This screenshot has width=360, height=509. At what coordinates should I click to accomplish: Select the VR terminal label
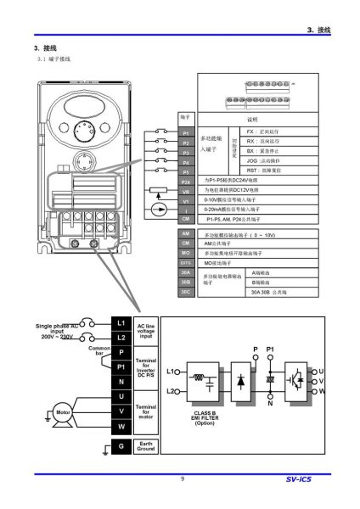(186, 191)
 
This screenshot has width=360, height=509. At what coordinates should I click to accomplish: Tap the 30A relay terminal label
(186, 271)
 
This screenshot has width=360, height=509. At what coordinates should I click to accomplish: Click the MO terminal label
(186, 253)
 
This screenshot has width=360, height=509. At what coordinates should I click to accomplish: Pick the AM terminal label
(186, 232)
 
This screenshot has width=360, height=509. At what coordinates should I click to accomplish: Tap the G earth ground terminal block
(121, 446)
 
